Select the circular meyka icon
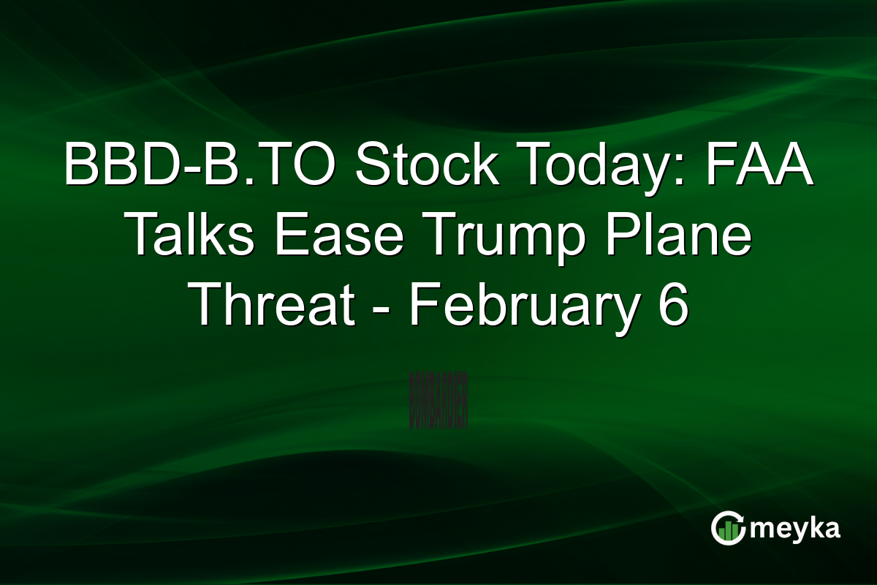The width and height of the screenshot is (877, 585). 729,528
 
